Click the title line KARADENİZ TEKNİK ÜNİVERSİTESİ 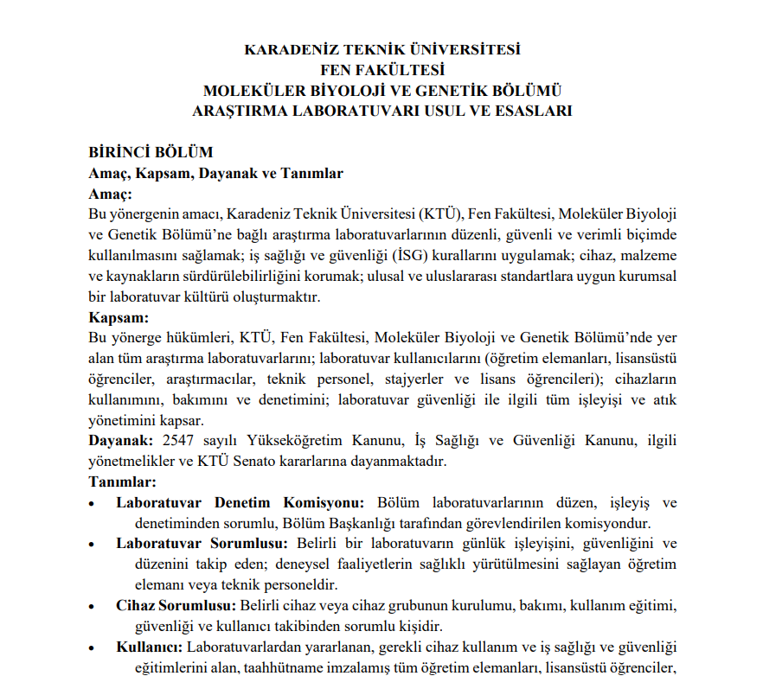click(x=382, y=49)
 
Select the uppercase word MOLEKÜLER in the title click(x=241, y=91)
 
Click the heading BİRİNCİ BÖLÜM click(x=151, y=153)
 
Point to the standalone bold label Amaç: click(x=110, y=194)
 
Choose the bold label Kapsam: click(x=119, y=317)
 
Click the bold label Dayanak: click(x=122, y=441)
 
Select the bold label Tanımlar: click(x=122, y=481)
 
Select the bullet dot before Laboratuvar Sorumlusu click(x=93, y=544)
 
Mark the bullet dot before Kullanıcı click(x=93, y=647)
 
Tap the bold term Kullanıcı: click(x=149, y=647)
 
